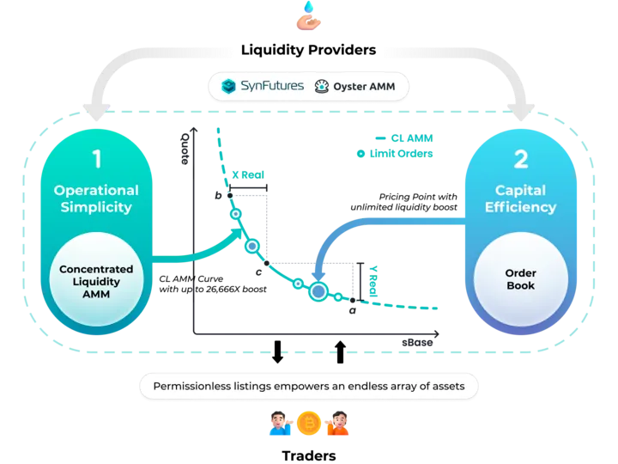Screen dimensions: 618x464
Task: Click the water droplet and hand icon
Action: tap(309, 15)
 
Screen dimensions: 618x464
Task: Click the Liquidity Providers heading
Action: tap(309, 50)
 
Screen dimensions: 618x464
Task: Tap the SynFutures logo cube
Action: tap(228, 86)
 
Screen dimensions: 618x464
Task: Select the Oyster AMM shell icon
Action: tap(322, 87)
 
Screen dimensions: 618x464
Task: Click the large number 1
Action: tap(97, 159)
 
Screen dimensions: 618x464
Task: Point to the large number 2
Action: tap(521, 160)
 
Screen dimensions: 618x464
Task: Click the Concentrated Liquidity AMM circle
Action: tap(96, 279)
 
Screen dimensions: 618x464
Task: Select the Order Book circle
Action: tap(521, 279)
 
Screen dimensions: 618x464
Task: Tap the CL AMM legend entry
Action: tap(404, 138)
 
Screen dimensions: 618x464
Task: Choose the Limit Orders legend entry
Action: tap(395, 154)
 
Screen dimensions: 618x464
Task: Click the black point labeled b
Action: tap(230, 195)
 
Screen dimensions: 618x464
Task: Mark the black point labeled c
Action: tap(267, 263)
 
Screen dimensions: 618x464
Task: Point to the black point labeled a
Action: tap(353, 300)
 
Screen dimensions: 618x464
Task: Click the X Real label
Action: tap(248, 174)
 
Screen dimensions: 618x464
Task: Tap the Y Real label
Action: tap(373, 281)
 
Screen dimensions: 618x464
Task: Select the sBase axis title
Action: tap(417, 343)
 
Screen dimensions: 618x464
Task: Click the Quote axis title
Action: tap(185, 149)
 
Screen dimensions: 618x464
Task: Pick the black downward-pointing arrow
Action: tap(278, 352)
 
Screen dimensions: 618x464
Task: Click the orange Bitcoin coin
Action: tap(309, 423)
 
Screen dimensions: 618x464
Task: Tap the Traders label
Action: tap(309, 455)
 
